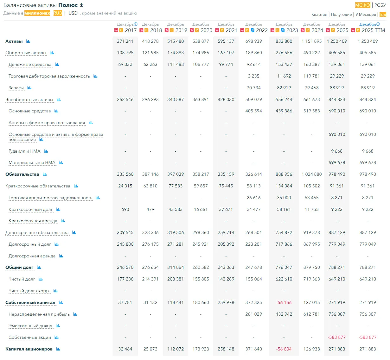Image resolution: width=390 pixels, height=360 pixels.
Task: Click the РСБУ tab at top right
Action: [x=380, y=5]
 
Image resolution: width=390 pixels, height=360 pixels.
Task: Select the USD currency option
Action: [x=73, y=13]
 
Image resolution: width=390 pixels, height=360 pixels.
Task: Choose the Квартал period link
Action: [x=319, y=15]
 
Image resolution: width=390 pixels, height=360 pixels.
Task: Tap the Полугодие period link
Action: [x=341, y=15]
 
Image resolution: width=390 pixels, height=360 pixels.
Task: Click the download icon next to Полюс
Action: [x=81, y=5]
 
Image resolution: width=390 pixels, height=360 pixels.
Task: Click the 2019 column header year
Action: [x=181, y=30]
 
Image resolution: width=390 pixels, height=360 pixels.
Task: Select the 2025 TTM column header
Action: [x=373, y=30]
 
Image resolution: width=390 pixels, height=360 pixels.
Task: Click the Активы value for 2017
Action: [x=125, y=41]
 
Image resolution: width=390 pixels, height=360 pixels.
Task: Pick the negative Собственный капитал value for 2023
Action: [x=284, y=302]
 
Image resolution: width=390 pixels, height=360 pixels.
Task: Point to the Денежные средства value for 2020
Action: [x=201, y=64]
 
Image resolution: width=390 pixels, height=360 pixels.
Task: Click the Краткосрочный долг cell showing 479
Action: [x=150, y=209]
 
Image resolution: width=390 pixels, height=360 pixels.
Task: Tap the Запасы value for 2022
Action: [x=253, y=88]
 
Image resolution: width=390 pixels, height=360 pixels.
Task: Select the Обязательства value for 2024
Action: [x=311, y=174]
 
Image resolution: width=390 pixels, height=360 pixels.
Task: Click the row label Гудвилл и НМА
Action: [x=24, y=151]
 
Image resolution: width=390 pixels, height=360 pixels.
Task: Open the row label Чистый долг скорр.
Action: [x=29, y=291]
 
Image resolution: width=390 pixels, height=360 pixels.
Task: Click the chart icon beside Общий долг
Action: [x=39, y=267]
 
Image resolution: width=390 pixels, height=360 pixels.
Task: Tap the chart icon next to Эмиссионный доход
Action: [x=58, y=326]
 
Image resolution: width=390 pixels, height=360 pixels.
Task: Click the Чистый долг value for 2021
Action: [x=226, y=279]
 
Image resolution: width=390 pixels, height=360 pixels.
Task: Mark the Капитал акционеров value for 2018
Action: [x=150, y=349]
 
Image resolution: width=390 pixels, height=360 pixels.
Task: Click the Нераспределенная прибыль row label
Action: [x=39, y=314]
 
